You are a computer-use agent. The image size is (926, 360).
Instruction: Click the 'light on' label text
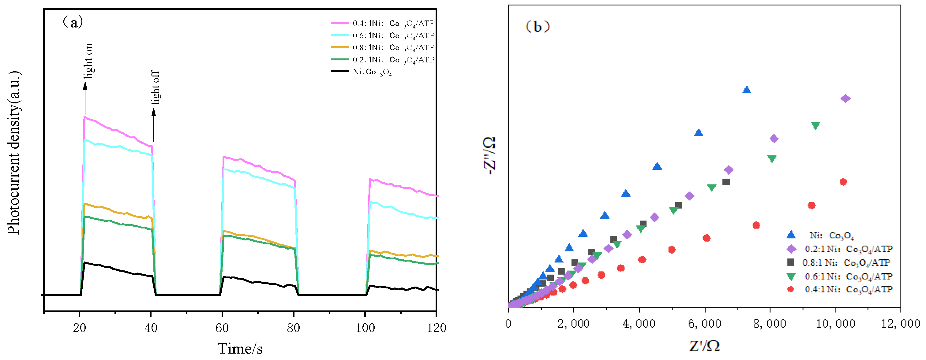click(x=88, y=61)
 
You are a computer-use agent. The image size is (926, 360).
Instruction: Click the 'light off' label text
click(x=155, y=87)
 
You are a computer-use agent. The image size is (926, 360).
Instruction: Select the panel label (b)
click(x=538, y=27)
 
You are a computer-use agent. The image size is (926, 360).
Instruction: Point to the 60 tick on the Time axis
click(x=222, y=327)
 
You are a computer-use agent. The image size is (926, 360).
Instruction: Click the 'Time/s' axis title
click(x=240, y=348)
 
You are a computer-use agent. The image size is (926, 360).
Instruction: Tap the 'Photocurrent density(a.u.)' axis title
click(x=14, y=153)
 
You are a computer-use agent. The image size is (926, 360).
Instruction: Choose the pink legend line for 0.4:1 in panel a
click(x=339, y=23)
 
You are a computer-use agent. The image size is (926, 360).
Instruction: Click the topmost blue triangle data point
click(x=747, y=90)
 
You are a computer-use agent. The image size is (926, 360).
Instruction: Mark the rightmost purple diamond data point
click(x=845, y=98)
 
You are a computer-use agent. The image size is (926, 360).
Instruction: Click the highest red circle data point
click(x=843, y=182)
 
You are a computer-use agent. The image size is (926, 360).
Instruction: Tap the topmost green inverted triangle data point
click(x=815, y=126)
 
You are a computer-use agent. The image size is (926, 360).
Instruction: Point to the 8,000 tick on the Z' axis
click(x=770, y=323)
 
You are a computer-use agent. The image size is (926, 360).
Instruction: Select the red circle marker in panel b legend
click(x=790, y=289)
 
